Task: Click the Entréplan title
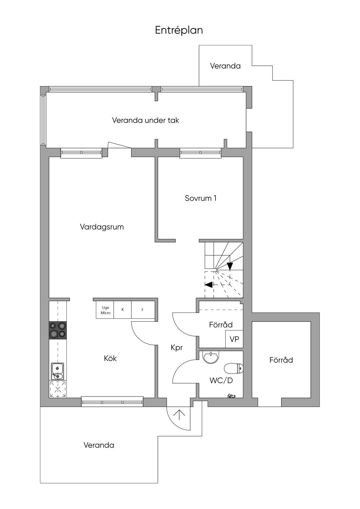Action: click(179, 30)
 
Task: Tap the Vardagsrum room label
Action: click(102, 227)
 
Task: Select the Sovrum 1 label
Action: click(200, 198)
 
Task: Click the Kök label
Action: click(110, 358)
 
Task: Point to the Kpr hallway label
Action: click(176, 347)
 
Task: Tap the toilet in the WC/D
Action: click(234, 368)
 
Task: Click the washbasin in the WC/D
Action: click(211, 358)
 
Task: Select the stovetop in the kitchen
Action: click(58, 330)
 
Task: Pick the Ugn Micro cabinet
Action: click(105, 310)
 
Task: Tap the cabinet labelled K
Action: click(123, 310)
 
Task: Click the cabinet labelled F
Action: click(143, 310)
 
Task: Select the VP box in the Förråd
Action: click(234, 339)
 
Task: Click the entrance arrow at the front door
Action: click(179, 415)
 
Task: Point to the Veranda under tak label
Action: click(146, 120)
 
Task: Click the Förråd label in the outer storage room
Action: click(281, 360)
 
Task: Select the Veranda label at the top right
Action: click(225, 66)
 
